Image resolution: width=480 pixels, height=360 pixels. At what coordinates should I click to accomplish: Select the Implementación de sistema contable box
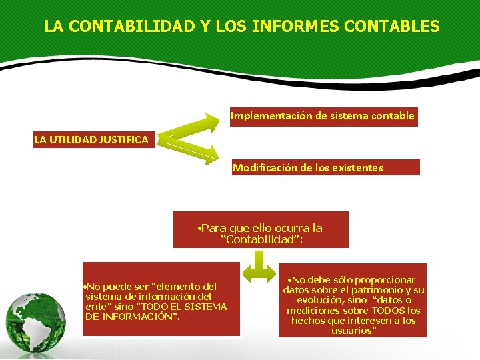tap(323, 116)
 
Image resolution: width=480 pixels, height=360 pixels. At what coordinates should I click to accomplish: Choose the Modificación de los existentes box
tap(325, 167)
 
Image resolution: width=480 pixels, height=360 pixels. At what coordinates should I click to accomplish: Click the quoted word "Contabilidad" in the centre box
tap(261, 239)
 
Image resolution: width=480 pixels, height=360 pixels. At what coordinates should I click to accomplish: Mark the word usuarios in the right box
tap(353, 330)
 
